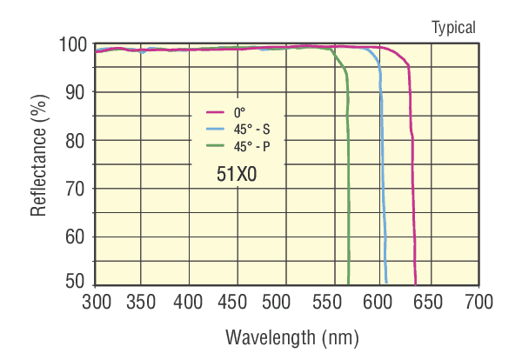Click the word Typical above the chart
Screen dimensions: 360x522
[453, 28]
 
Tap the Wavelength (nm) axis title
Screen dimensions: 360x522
[291, 337]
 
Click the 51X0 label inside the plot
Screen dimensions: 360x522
[237, 174]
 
